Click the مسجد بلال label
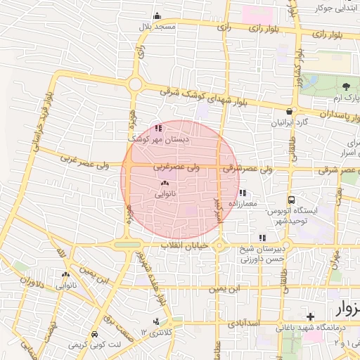[155, 26]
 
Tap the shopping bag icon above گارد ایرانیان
[289, 112]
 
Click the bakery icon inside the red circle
[165, 182]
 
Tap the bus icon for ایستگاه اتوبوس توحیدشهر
[291, 200]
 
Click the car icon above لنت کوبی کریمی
[95, 334]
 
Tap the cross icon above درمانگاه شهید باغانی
[311, 317]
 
